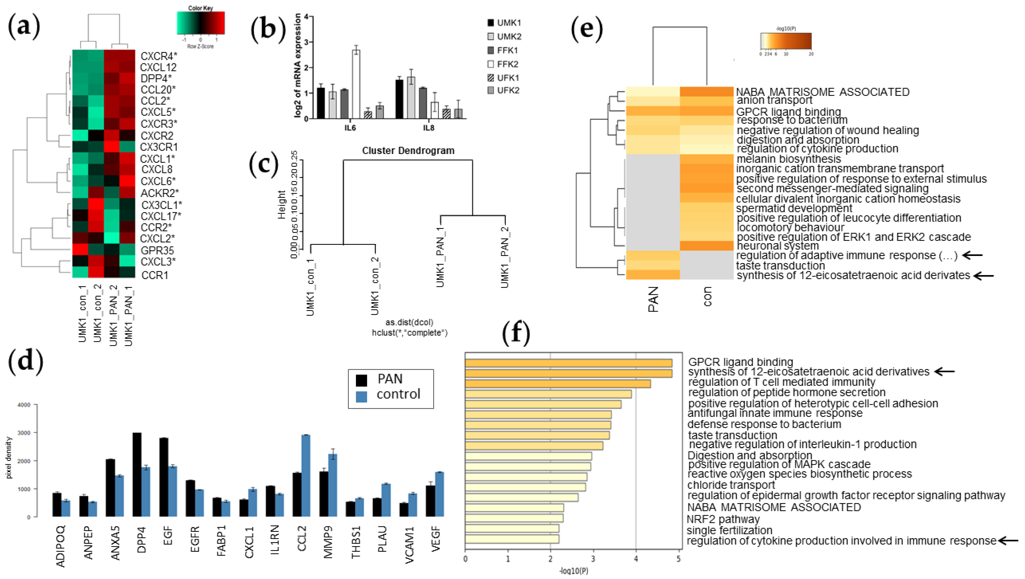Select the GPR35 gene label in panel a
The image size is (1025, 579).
coord(157,251)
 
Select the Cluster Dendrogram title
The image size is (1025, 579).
coord(408,151)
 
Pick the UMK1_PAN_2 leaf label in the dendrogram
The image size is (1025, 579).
coord(505,257)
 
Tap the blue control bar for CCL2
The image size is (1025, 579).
coord(305,476)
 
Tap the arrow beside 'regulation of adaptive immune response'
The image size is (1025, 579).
coord(974,255)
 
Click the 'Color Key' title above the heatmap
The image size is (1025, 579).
coord(200,8)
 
